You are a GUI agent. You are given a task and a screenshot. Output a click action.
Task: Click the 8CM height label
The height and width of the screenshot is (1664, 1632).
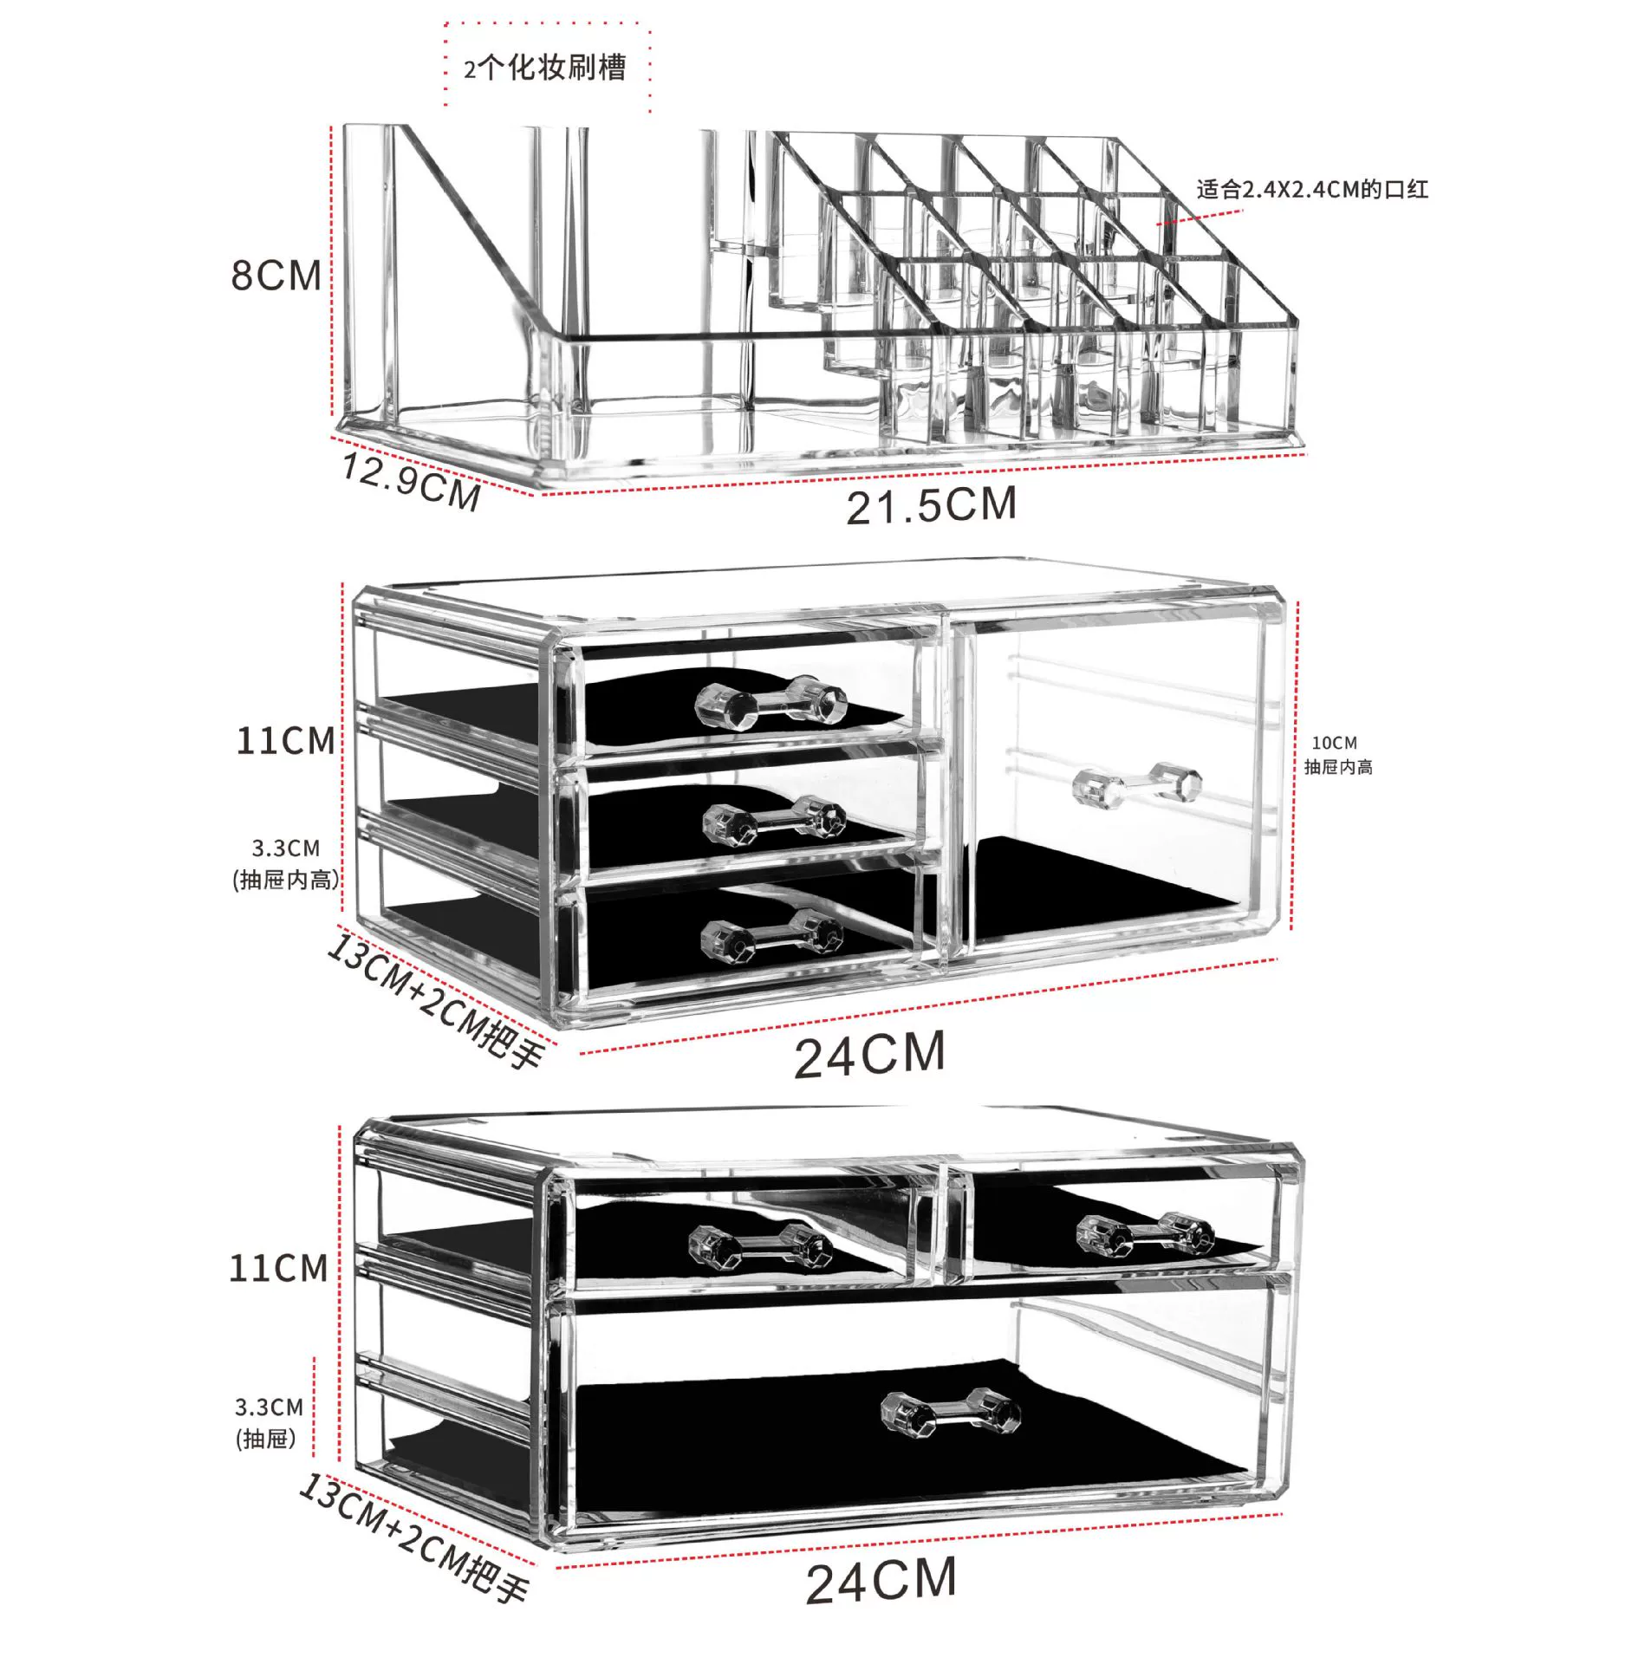point(276,275)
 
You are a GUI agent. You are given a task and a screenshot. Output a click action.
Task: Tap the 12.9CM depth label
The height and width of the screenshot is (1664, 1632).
point(412,482)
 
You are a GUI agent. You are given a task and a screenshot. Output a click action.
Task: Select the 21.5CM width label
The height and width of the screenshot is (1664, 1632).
point(931,505)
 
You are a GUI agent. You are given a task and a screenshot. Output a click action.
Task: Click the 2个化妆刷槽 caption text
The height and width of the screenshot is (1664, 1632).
point(544,68)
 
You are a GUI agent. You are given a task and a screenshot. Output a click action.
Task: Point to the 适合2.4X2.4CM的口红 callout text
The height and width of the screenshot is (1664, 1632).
point(1312,189)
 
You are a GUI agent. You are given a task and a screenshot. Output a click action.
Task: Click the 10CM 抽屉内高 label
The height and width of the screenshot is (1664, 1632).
point(1338,755)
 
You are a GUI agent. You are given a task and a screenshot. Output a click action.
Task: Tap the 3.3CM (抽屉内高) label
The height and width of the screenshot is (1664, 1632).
point(286,864)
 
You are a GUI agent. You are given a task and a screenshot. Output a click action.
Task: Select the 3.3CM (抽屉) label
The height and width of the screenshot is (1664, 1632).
point(269,1422)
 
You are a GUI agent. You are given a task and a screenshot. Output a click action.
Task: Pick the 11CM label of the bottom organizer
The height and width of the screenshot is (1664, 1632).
point(278,1268)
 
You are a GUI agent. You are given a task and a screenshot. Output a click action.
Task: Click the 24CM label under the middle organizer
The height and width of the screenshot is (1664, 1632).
point(869,1055)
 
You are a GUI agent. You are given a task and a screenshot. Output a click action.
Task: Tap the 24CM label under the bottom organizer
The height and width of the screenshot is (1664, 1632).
point(881,1579)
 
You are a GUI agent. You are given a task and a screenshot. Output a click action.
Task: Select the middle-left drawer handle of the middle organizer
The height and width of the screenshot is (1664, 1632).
point(774,821)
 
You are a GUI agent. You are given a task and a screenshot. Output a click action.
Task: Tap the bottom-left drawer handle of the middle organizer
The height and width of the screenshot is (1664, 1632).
point(771,937)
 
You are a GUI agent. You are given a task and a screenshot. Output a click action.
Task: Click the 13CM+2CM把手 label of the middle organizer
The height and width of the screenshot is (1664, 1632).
point(436,1001)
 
